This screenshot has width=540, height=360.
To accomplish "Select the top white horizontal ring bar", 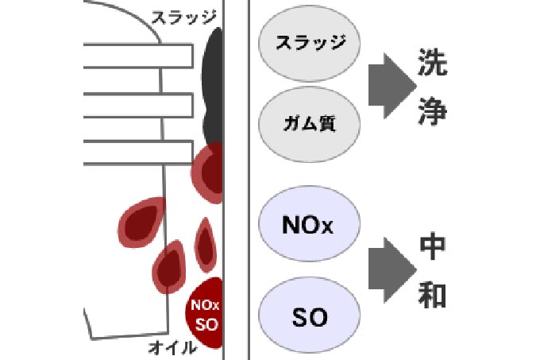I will click(135, 55).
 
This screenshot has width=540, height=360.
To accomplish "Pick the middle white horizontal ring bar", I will click(135, 104).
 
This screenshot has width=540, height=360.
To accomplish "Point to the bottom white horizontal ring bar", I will click(135, 152).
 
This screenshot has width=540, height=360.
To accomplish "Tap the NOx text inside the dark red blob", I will click(206, 305).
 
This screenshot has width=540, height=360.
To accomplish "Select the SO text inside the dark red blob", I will click(206, 323).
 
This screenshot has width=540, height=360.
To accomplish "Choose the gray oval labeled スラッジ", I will click(310, 44).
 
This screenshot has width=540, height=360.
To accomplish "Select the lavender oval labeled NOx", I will click(310, 225).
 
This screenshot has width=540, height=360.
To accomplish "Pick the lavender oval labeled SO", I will click(310, 317).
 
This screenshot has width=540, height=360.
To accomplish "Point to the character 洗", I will click(432, 64).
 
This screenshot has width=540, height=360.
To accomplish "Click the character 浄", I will click(432, 110).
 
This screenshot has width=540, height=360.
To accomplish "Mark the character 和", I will click(432, 294).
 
